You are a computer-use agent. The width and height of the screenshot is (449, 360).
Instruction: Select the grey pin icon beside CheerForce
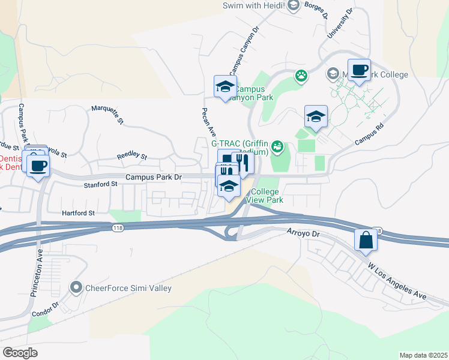tap(76, 288)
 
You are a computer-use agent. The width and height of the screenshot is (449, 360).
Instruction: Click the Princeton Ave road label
tap(37, 274)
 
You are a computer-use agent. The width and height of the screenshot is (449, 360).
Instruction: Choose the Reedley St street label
tap(131, 155)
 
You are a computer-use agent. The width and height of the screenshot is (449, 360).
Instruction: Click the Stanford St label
tap(105, 185)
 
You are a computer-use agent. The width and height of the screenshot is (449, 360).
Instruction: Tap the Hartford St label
tap(79, 213)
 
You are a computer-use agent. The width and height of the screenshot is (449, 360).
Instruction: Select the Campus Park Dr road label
tap(153, 177)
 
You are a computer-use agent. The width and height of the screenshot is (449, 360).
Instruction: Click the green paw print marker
tap(301, 76)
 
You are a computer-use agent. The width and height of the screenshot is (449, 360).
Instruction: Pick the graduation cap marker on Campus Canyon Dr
tap(226, 87)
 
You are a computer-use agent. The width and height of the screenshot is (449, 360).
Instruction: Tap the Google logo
tap(20, 352)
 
